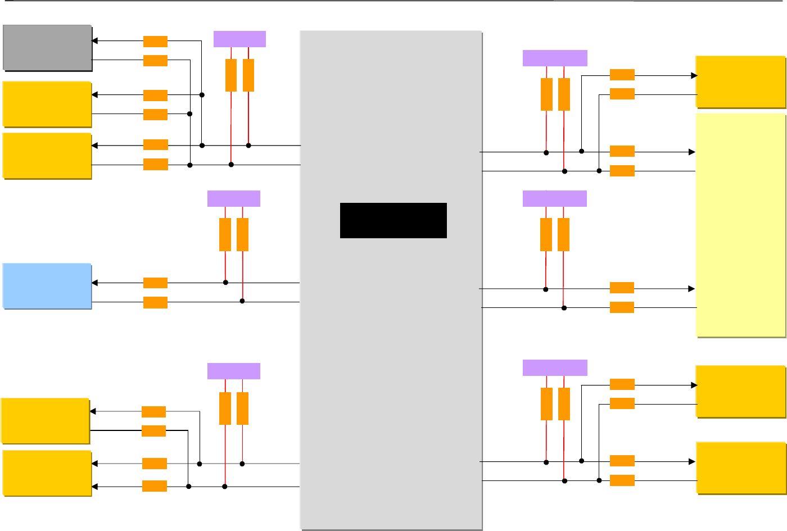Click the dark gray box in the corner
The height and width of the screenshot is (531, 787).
tap(47, 47)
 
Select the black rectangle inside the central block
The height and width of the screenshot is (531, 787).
tap(393, 220)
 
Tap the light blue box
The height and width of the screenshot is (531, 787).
tap(47, 286)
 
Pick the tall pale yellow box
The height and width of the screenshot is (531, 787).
tap(740, 225)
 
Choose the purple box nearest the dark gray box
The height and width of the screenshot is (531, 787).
tap(239, 39)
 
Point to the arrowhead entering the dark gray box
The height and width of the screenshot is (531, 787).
tap(94, 41)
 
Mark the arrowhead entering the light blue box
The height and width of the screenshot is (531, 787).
tap(94, 283)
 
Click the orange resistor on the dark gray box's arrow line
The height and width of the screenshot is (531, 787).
tap(155, 41)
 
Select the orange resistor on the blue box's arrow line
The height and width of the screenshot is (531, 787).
tap(155, 283)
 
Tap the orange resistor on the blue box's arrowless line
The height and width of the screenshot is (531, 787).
tap(155, 302)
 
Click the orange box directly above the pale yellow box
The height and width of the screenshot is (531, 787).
tap(740, 81)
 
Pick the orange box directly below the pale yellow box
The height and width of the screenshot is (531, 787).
tap(740, 391)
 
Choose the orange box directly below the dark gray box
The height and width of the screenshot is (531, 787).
tap(47, 104)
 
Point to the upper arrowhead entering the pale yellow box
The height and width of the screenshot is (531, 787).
tap(693, 152)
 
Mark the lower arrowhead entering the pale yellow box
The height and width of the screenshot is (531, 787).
tap(693, 289)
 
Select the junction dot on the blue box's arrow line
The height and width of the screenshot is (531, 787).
tap(225, 283)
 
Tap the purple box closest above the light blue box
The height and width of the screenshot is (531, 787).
tap(234, 198)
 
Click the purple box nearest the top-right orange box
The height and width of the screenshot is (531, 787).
tap(555, 58)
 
